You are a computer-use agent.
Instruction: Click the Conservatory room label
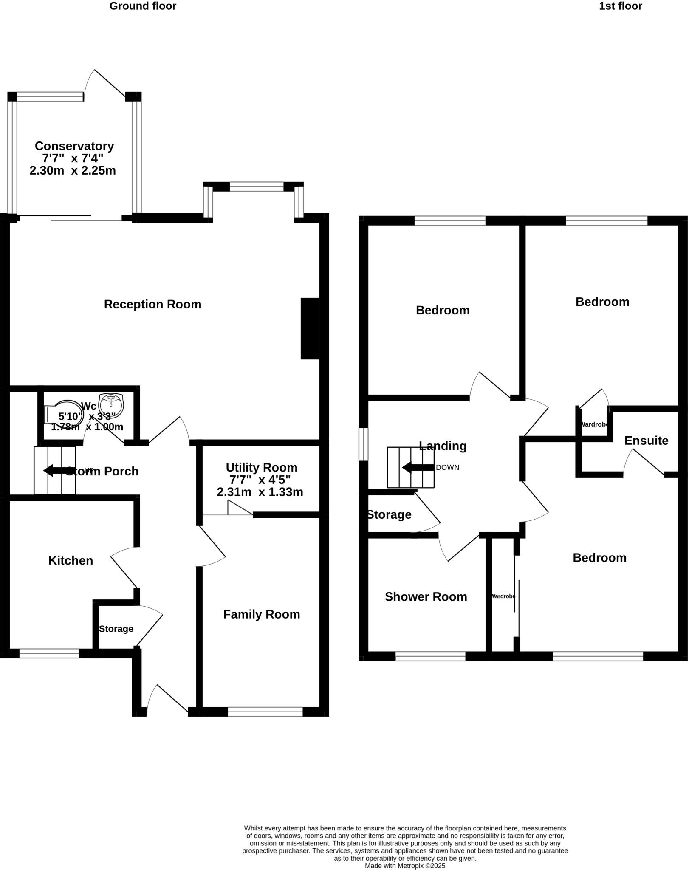(74, 146)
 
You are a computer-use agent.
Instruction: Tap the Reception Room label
(152, 304)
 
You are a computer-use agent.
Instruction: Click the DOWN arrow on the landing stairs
(418, 467)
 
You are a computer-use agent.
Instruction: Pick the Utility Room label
(261, 467)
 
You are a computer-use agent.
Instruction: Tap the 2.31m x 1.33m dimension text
(260, 492)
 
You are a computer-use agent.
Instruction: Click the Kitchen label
(71, 561)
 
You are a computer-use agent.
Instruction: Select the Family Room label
(262, 614)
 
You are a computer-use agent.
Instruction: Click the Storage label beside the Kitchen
(116, 629)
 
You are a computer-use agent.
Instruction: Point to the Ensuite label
(646, 441)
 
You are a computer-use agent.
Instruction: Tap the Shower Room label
(426, 597)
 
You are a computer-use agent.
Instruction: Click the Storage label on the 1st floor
(390, 515)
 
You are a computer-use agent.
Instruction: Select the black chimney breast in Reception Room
(310, 328)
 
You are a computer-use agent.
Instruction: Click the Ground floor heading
(143, 6)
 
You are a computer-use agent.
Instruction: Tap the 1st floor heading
(620, 6)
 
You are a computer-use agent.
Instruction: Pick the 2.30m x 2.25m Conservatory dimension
(73, 171)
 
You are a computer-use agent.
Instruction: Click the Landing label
(443, 446)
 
